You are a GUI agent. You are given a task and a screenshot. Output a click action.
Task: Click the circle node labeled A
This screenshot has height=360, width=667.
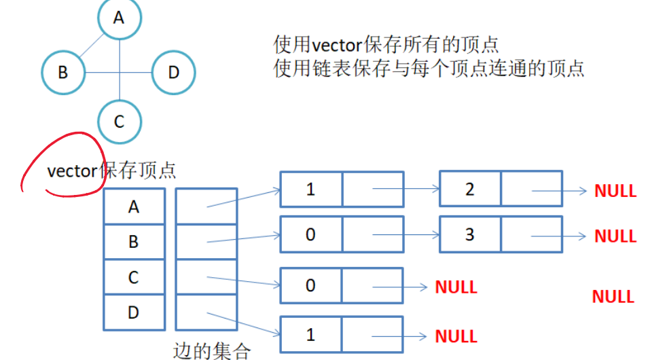click(120, 18)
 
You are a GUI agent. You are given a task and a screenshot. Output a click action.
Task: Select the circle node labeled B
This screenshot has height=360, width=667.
click(63, 71)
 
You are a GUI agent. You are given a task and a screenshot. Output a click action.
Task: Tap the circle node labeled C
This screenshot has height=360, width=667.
click(120, 122)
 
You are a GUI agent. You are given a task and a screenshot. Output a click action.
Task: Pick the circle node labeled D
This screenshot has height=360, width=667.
click(173, 71)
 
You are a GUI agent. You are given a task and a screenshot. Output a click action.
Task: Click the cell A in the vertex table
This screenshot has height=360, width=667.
click(134, 206)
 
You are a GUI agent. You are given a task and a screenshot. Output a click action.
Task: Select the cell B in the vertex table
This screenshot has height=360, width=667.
click(134, 241)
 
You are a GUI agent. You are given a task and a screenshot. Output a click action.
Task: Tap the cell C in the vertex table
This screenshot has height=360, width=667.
click(134, 276)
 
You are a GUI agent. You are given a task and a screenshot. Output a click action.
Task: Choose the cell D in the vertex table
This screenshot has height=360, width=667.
click(134, 312)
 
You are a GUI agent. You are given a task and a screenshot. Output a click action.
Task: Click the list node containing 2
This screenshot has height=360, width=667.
click(470, 189)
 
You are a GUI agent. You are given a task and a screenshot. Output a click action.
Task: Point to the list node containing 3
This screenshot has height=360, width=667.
click(470, 234)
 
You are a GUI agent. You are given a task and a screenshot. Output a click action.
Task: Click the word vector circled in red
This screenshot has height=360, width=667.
click(72, 171)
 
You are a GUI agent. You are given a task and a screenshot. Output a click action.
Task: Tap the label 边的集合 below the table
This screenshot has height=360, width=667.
click(212, 350)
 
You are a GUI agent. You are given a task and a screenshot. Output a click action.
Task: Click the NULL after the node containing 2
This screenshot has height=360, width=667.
click(615, 191)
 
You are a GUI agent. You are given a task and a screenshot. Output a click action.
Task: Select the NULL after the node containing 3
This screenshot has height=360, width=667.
click(615, 236)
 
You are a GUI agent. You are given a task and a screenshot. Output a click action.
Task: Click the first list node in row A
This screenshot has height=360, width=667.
click(311, 189)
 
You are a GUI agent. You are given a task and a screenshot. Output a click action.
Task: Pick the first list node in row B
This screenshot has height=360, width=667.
click(311, 234)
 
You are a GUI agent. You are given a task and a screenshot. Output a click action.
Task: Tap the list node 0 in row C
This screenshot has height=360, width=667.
click(311, 285)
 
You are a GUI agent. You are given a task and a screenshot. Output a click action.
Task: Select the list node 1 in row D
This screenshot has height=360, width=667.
click(311, 335)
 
